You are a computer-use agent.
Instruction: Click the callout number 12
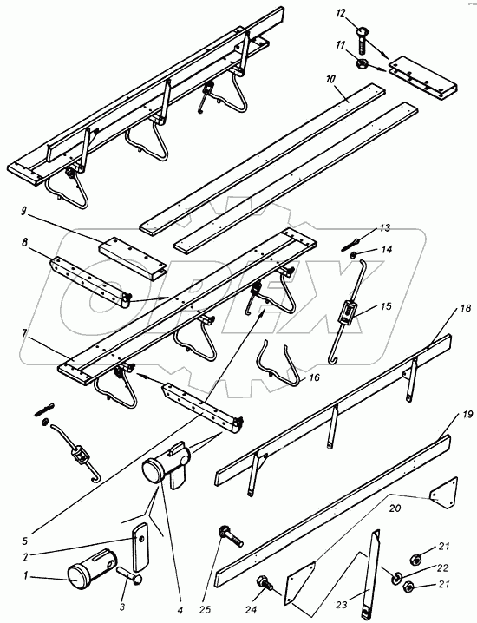(341, 14)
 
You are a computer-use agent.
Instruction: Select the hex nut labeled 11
(362, 63)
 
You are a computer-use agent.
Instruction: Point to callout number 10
(330, 79)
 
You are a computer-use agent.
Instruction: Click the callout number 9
(23, 211)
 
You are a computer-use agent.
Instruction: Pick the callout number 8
(25, 242)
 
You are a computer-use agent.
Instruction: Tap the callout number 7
(24, 333)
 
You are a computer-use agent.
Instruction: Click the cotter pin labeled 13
(351, 245)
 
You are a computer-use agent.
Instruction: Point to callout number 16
(314, 377)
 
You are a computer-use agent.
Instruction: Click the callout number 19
(467, 415)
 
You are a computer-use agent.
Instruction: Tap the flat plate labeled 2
(139, 547)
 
